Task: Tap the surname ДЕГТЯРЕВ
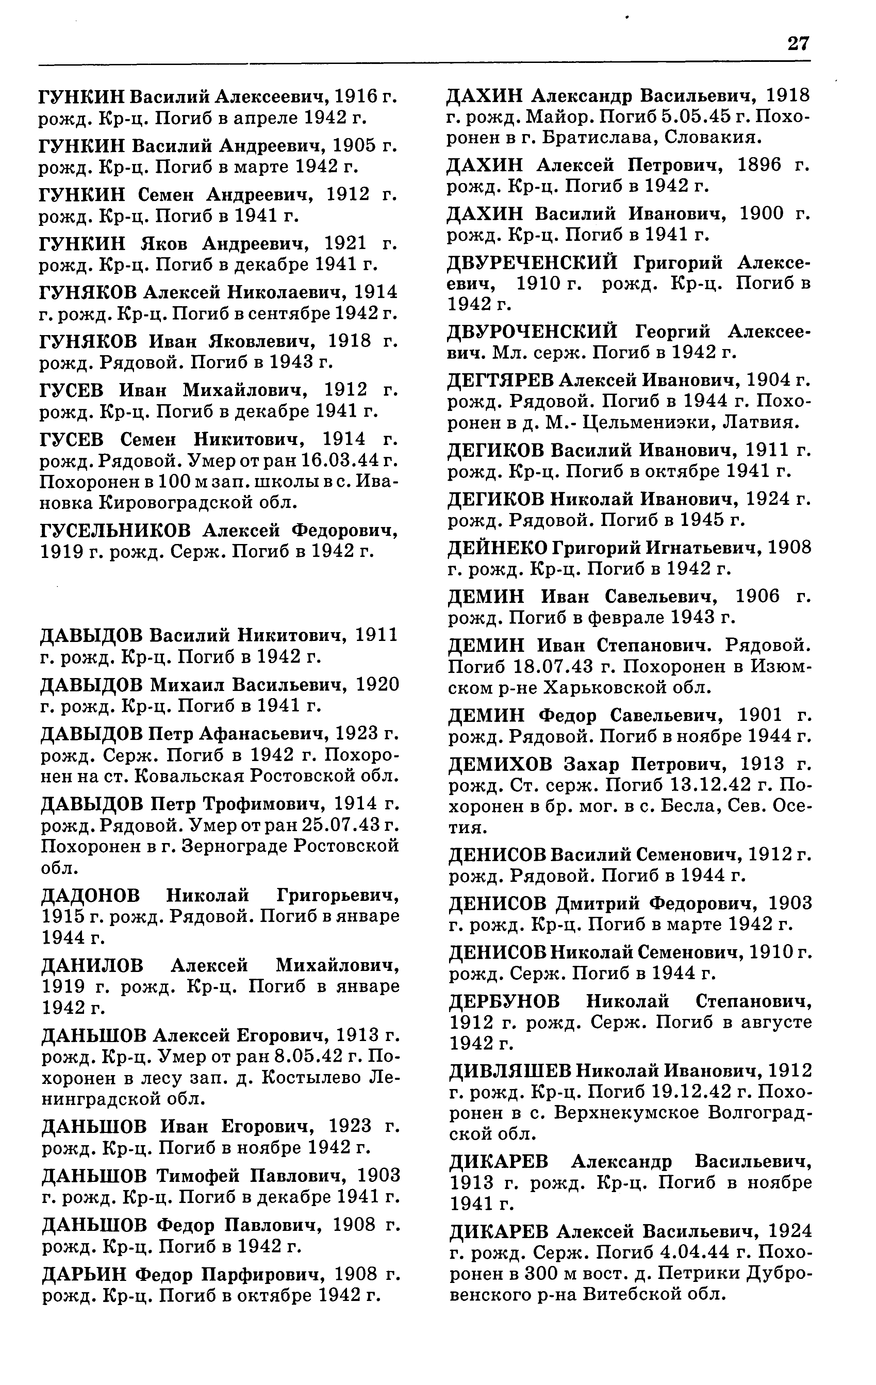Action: tap(499, 381)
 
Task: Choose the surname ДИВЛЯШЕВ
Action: tap(509, 1072)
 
